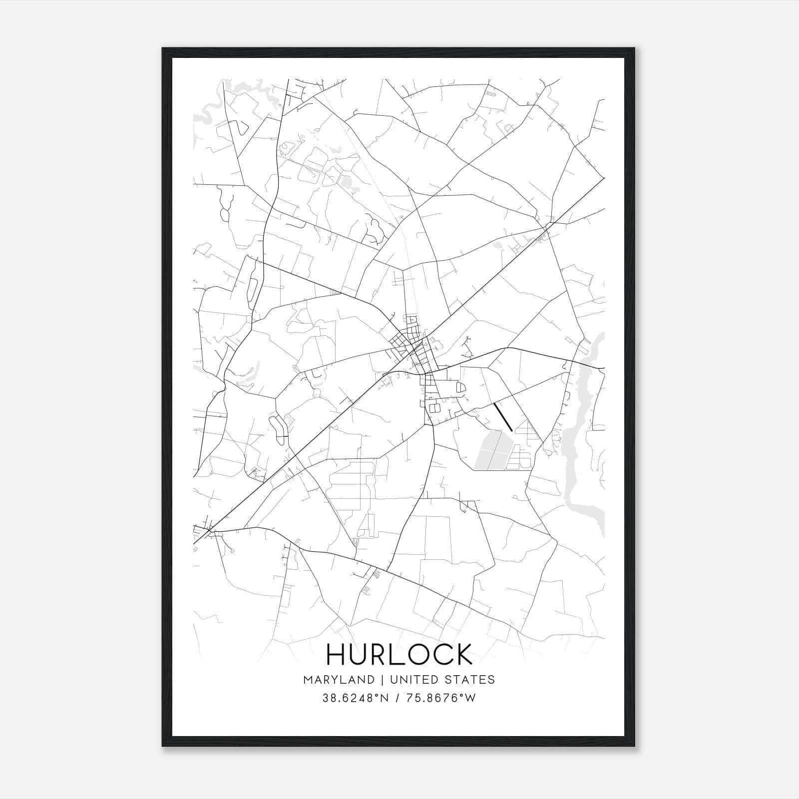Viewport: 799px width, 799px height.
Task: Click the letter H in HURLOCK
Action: (336, 654)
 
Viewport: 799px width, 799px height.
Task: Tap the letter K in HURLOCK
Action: (463, 654)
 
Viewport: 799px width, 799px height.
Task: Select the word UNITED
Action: (410, 680)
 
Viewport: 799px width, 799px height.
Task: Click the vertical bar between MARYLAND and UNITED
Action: (382, 680)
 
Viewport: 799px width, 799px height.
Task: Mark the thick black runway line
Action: (503, 416)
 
